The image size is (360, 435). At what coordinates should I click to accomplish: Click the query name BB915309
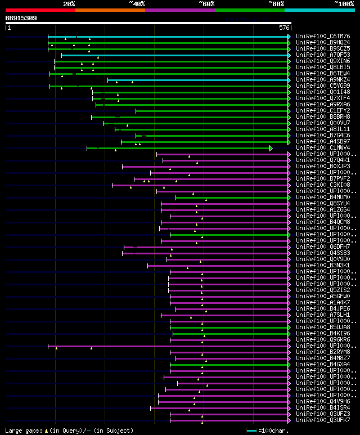point(21,18)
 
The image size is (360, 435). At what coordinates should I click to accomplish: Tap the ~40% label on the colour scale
point(137,3)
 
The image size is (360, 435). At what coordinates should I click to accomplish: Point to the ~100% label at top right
point(344,3)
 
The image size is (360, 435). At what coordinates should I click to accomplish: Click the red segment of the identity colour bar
point(40,10)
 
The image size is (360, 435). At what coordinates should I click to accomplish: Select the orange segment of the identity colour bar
point(110,10)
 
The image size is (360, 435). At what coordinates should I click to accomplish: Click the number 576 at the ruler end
point(284,27)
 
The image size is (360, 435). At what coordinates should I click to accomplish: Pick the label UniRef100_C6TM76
point(323,36)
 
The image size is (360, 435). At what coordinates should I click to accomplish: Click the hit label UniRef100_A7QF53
point(323,55)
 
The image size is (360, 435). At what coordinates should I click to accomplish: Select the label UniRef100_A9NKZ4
point(323,79)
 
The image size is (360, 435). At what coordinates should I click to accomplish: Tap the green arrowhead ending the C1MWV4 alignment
point(271,148)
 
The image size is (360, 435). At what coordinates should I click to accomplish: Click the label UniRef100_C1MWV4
point(323,148)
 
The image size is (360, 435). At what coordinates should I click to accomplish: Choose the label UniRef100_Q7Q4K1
point(323,160)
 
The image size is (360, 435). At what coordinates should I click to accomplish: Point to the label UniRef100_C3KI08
point(323,185)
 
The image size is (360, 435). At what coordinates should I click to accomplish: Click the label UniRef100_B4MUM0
point(323,198)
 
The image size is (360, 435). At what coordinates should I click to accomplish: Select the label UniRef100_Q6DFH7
point(323,247)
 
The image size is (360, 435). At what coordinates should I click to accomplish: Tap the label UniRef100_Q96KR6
point(323,340)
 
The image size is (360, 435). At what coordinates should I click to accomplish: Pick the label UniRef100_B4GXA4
point(323,365)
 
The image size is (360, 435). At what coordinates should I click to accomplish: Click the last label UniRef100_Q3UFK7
point(323,420)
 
